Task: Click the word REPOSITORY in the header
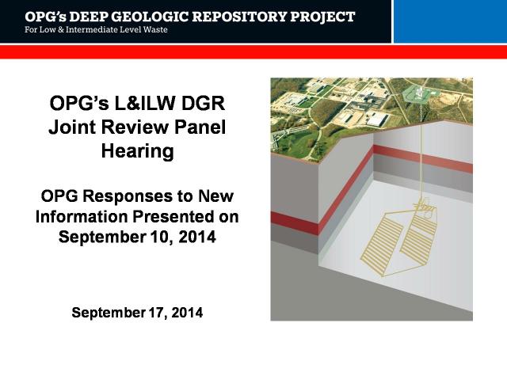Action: (x=238, y=17)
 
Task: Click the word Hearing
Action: (x=137, y=151)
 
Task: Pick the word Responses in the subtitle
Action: (x=128, y=196)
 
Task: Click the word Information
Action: (x=82, y=216)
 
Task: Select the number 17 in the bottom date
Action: (x=158, y=313)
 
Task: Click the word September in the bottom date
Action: (x=109, y=313)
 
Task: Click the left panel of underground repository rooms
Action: (x=383, y=244)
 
